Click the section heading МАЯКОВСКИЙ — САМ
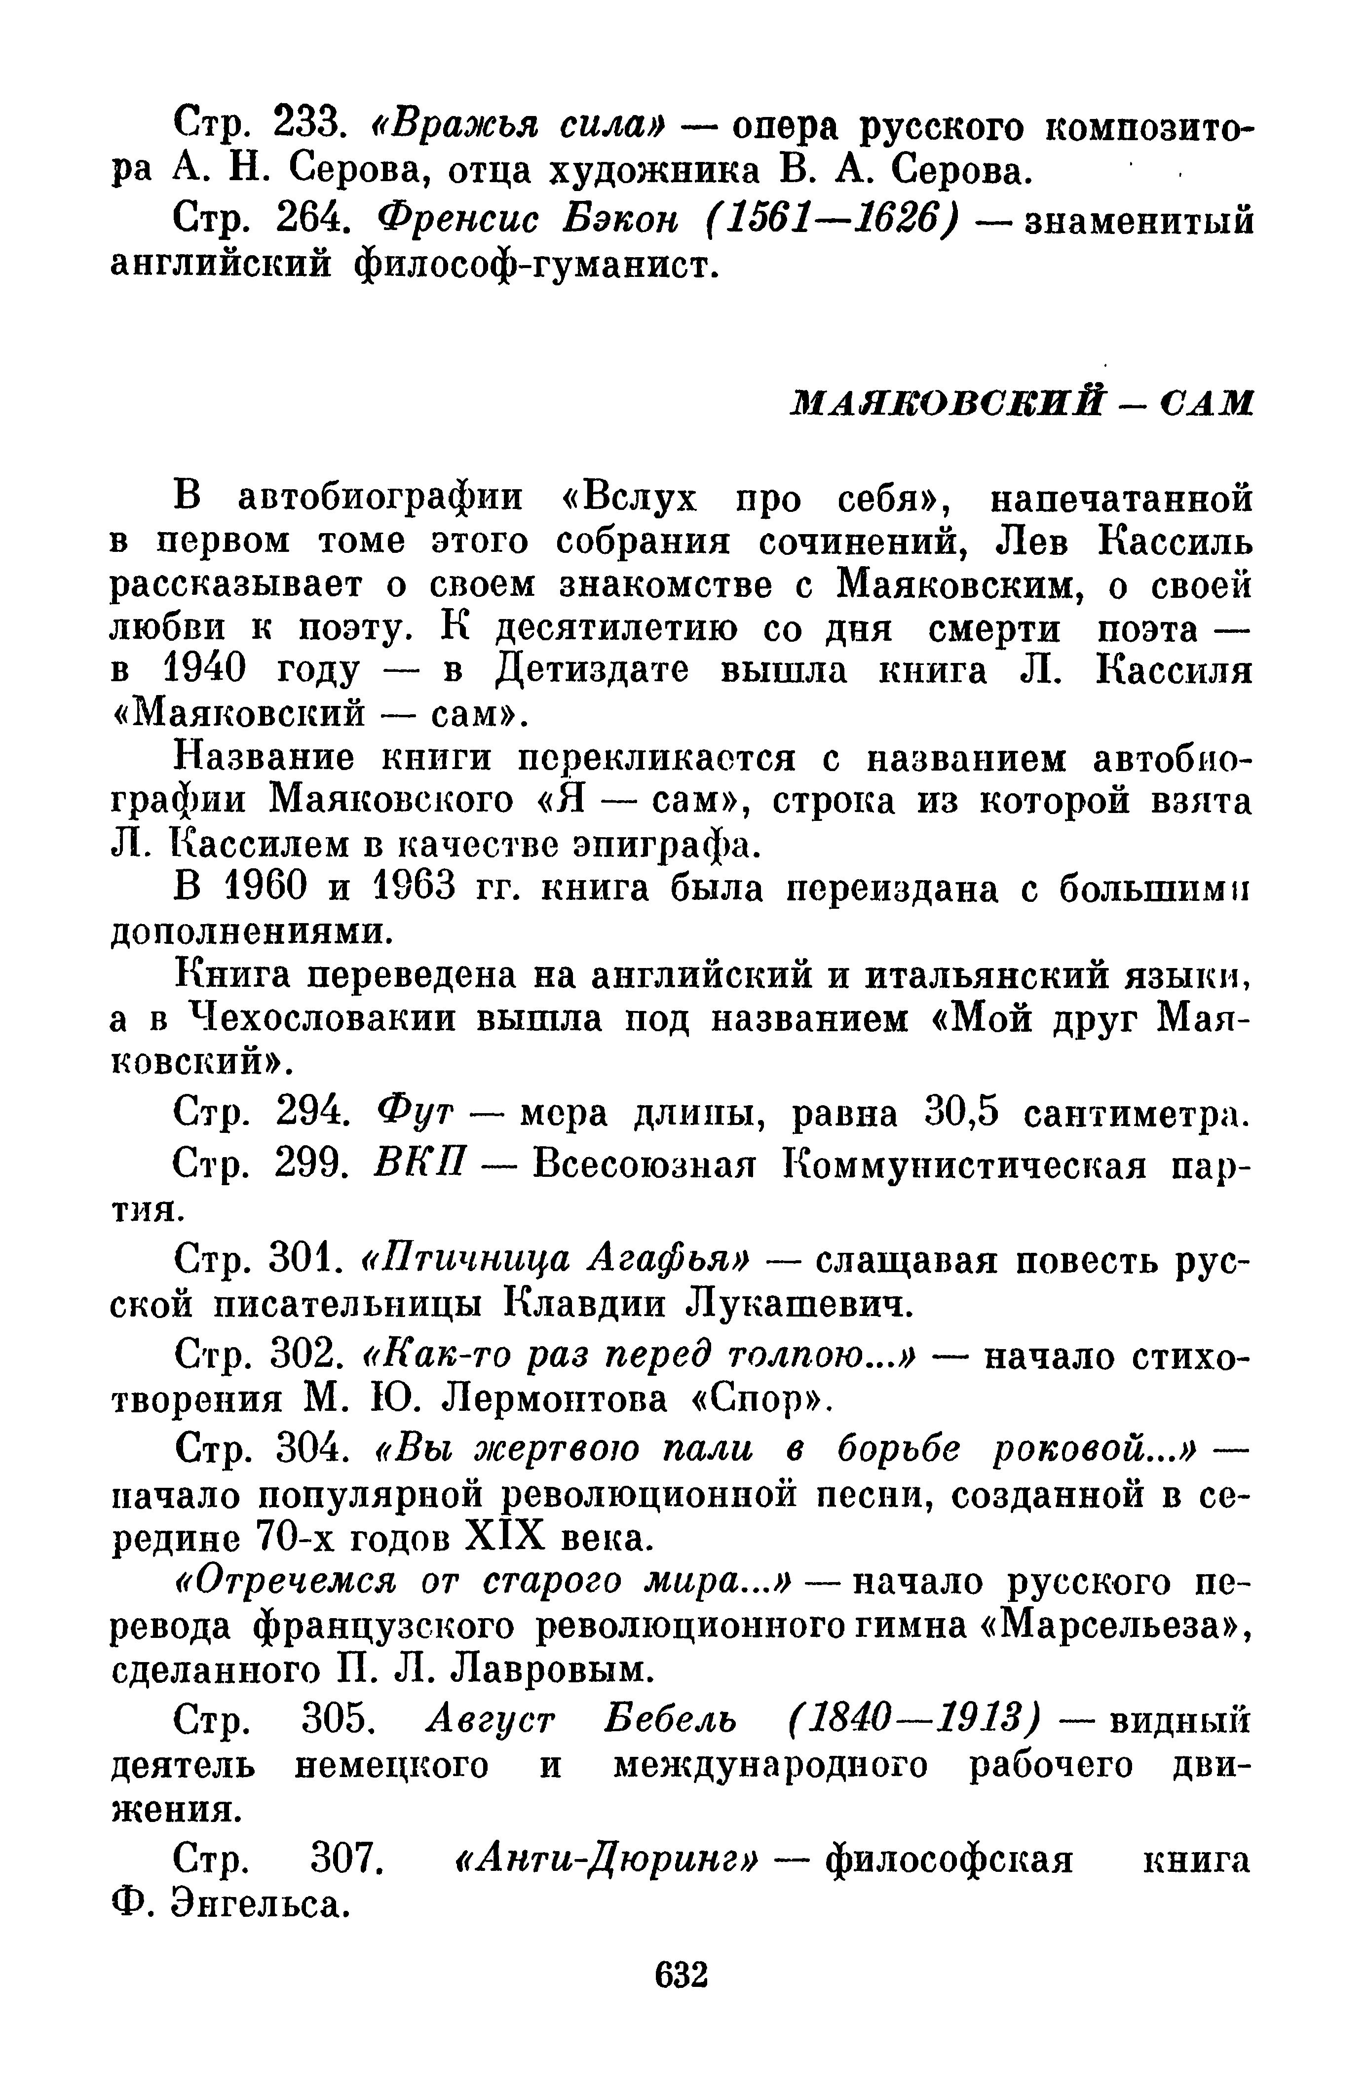tap(1021, 403)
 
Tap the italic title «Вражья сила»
tap(520, 128)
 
